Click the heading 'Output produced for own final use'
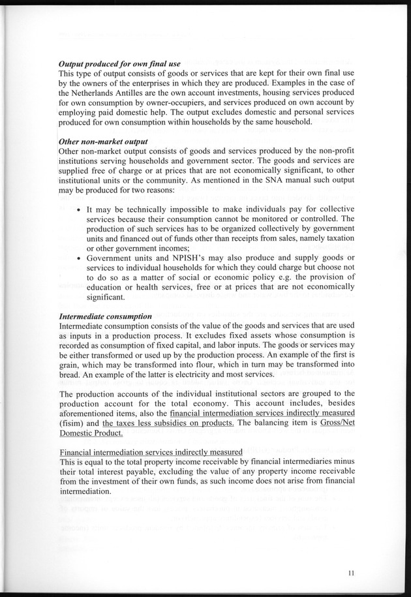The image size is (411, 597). [119, 65]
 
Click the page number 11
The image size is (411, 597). [352, 574]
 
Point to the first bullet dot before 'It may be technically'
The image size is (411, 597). [79, 211]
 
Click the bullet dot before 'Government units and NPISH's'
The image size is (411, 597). [79, 258]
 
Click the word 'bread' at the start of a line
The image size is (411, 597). [70, 376]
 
